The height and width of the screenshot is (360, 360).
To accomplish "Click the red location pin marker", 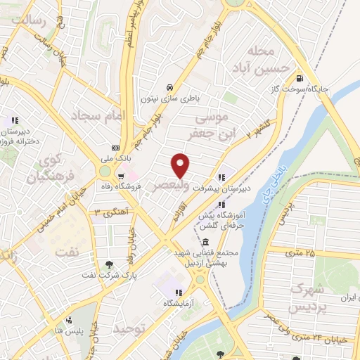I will pyautogui.click(x=181, y=165).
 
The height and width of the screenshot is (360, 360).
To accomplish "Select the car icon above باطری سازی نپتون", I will pyautogui.click(x=167, y=87).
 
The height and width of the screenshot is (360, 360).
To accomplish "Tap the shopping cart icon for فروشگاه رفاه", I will pyautogui.click(x=122, y=176).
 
